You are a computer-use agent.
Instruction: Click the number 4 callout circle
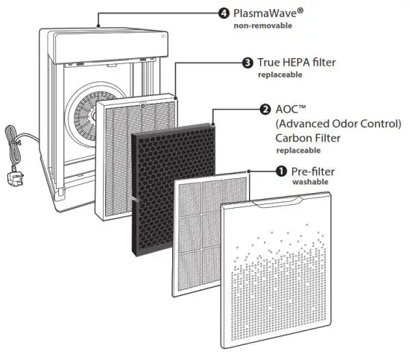click(x=223, y=13)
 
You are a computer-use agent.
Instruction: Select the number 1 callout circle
click(x=281, y=170)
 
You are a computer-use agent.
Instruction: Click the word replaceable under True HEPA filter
click(x=281, y=75)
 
